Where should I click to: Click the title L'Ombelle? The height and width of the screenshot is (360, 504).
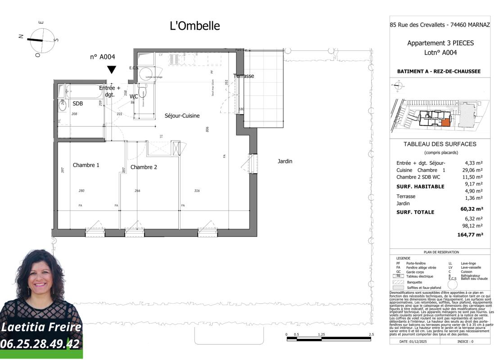195,26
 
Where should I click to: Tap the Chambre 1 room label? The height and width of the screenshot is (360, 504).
86,165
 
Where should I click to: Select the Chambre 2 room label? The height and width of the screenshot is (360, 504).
144,167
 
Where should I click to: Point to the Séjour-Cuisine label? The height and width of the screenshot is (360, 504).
182,116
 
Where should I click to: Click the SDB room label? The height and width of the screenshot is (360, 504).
78,103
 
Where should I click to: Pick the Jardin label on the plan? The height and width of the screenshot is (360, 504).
285,161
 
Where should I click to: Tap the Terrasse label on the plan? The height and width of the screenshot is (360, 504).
244,76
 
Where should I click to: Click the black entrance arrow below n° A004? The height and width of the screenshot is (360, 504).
111,70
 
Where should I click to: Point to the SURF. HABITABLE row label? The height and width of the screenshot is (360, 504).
420,187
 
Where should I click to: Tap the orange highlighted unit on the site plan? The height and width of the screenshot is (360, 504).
445,122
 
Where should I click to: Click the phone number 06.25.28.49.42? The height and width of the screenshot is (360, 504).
40,344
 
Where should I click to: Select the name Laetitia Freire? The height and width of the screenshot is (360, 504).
41,327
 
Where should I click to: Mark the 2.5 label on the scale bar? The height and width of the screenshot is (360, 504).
371,335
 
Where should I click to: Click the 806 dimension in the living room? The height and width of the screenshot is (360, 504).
207,129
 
